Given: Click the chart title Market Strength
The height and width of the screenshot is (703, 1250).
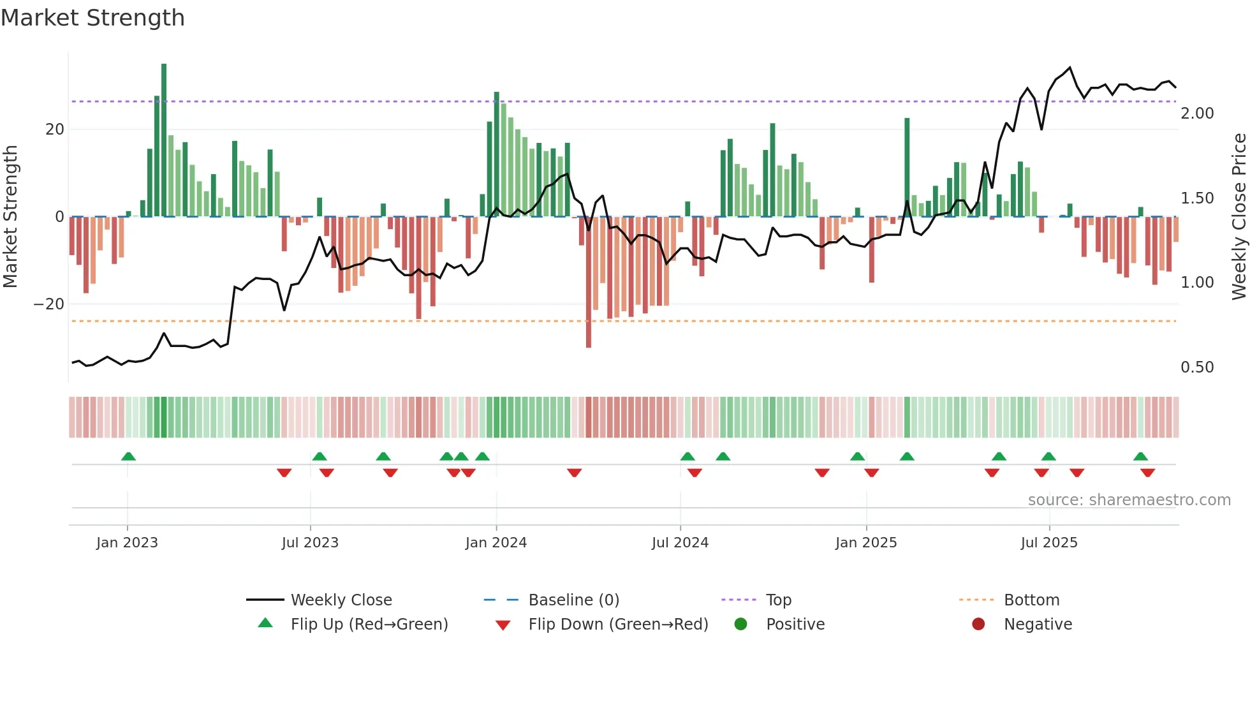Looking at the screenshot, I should (x=92, y=18).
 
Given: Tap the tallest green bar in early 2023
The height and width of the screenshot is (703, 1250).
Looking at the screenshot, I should (x=164, y=140).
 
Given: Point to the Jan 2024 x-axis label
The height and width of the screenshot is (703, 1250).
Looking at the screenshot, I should (x=496, y=543).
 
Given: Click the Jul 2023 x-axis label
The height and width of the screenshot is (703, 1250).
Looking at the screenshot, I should (x=310, y=543).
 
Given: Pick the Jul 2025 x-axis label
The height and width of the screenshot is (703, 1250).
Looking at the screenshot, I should (x=1048, y=543).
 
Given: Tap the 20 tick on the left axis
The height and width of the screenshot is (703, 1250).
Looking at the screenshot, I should (x=55, y=129).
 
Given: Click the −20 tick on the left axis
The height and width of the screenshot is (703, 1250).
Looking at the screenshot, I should (x=50, y=304).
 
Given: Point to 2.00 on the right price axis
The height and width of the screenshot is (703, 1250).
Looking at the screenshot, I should (x=1197, y=114).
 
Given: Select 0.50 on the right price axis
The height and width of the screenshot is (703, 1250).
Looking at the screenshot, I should (x=1197, y=367).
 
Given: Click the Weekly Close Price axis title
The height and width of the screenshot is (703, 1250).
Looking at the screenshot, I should (x=1239, y=217).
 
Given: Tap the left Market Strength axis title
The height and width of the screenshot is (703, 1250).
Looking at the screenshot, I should (x=10, y=217).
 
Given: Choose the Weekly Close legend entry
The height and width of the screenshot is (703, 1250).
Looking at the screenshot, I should (x=341, y=600).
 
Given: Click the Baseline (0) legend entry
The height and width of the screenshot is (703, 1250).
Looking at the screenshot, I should (x=573, y=600).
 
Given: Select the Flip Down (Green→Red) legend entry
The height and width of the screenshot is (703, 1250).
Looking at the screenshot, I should (x=617, y=625).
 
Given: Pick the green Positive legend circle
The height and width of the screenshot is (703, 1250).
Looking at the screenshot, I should (x=740, y=625).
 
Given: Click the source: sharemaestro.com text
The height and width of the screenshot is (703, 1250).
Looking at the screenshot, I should (x=1129, y=500).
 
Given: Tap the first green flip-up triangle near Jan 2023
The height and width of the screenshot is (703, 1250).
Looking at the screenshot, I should (x=128, y=457).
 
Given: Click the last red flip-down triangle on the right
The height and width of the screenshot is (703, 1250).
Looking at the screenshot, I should (x=1147, y=473).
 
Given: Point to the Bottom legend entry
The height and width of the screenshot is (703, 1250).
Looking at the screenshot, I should (x=1031, y=600).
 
